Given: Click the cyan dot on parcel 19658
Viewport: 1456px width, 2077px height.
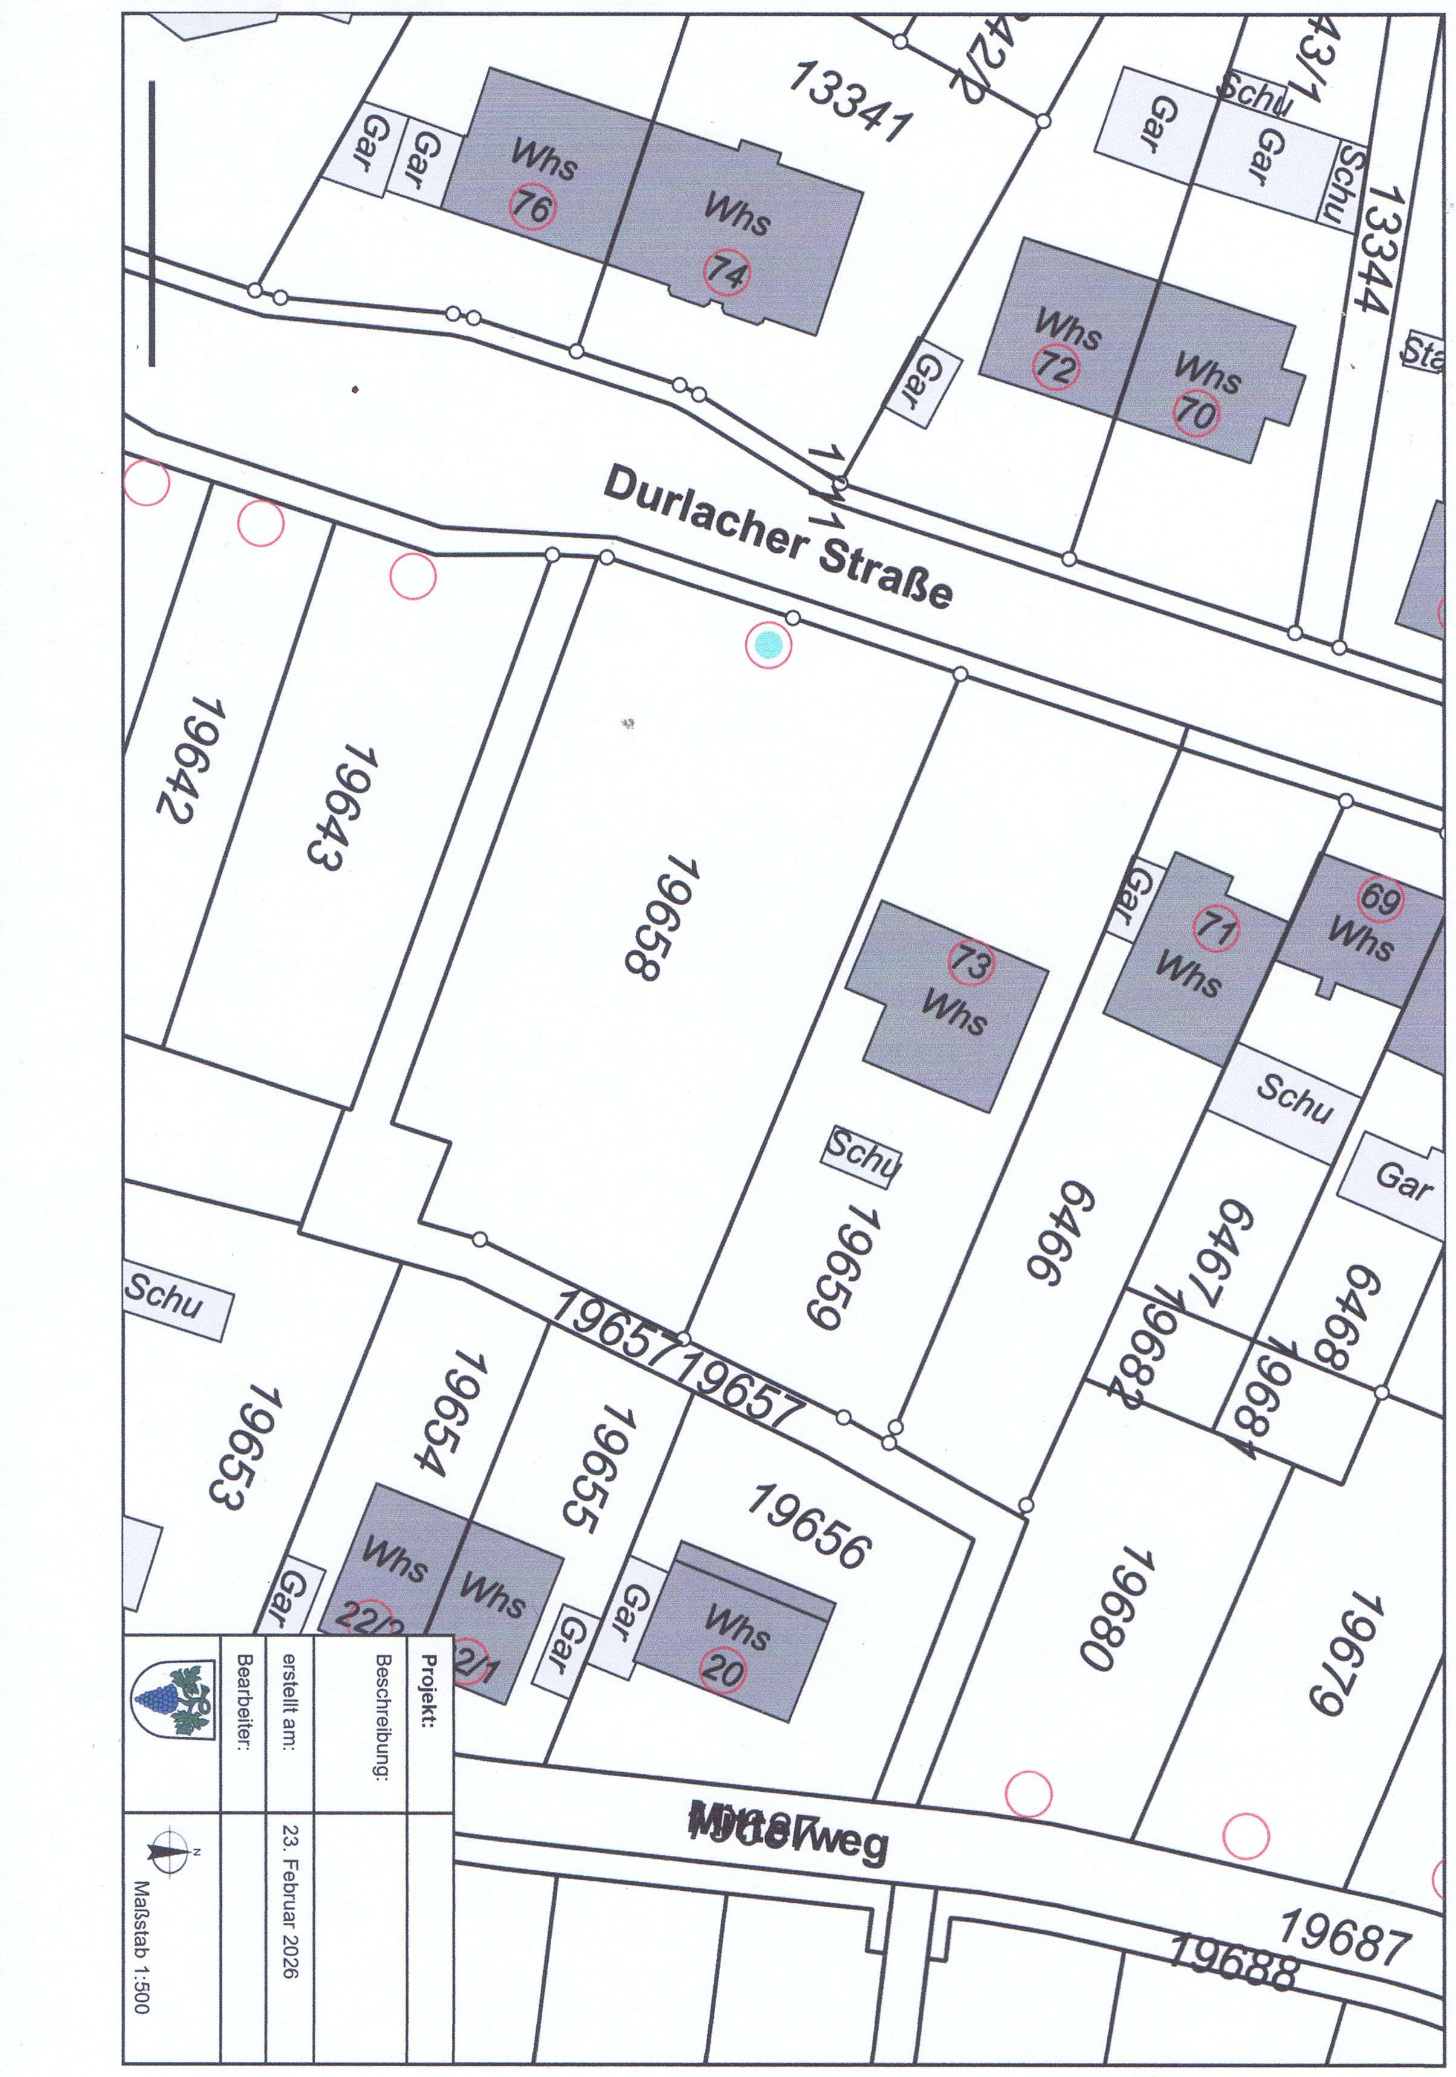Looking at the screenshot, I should click(768, 645).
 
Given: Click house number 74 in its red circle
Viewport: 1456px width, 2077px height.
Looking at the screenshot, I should click(726, 271).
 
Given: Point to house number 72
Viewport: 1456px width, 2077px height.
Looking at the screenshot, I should click(1056, 367).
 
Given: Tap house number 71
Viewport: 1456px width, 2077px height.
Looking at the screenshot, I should click(1216, 929).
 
